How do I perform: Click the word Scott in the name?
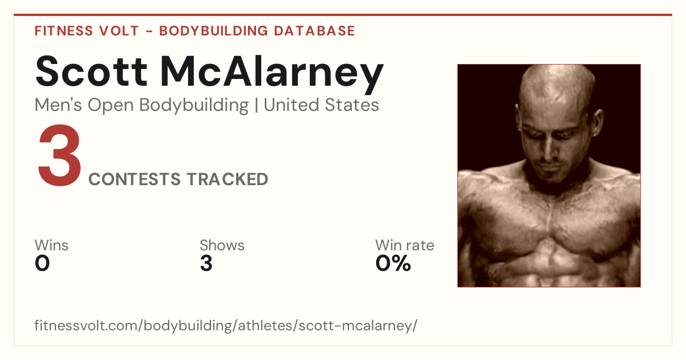[91, 71]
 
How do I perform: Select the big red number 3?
[59, 155]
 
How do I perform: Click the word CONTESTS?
[134, 179]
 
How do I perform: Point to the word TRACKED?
[228, 179]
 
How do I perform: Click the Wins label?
[51, 245]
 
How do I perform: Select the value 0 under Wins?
[42, 263]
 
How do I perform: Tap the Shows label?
[222, 245]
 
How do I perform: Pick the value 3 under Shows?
[206, 263]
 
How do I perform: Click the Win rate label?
[405, 245]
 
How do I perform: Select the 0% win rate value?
[393, 263]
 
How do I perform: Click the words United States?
[321, 105]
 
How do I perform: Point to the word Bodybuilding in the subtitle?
[194, 106]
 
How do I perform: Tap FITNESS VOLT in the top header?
[87, 31]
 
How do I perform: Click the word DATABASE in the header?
[314, 31]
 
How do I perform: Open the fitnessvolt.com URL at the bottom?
[226, 325]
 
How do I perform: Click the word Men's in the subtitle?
[58, 105]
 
